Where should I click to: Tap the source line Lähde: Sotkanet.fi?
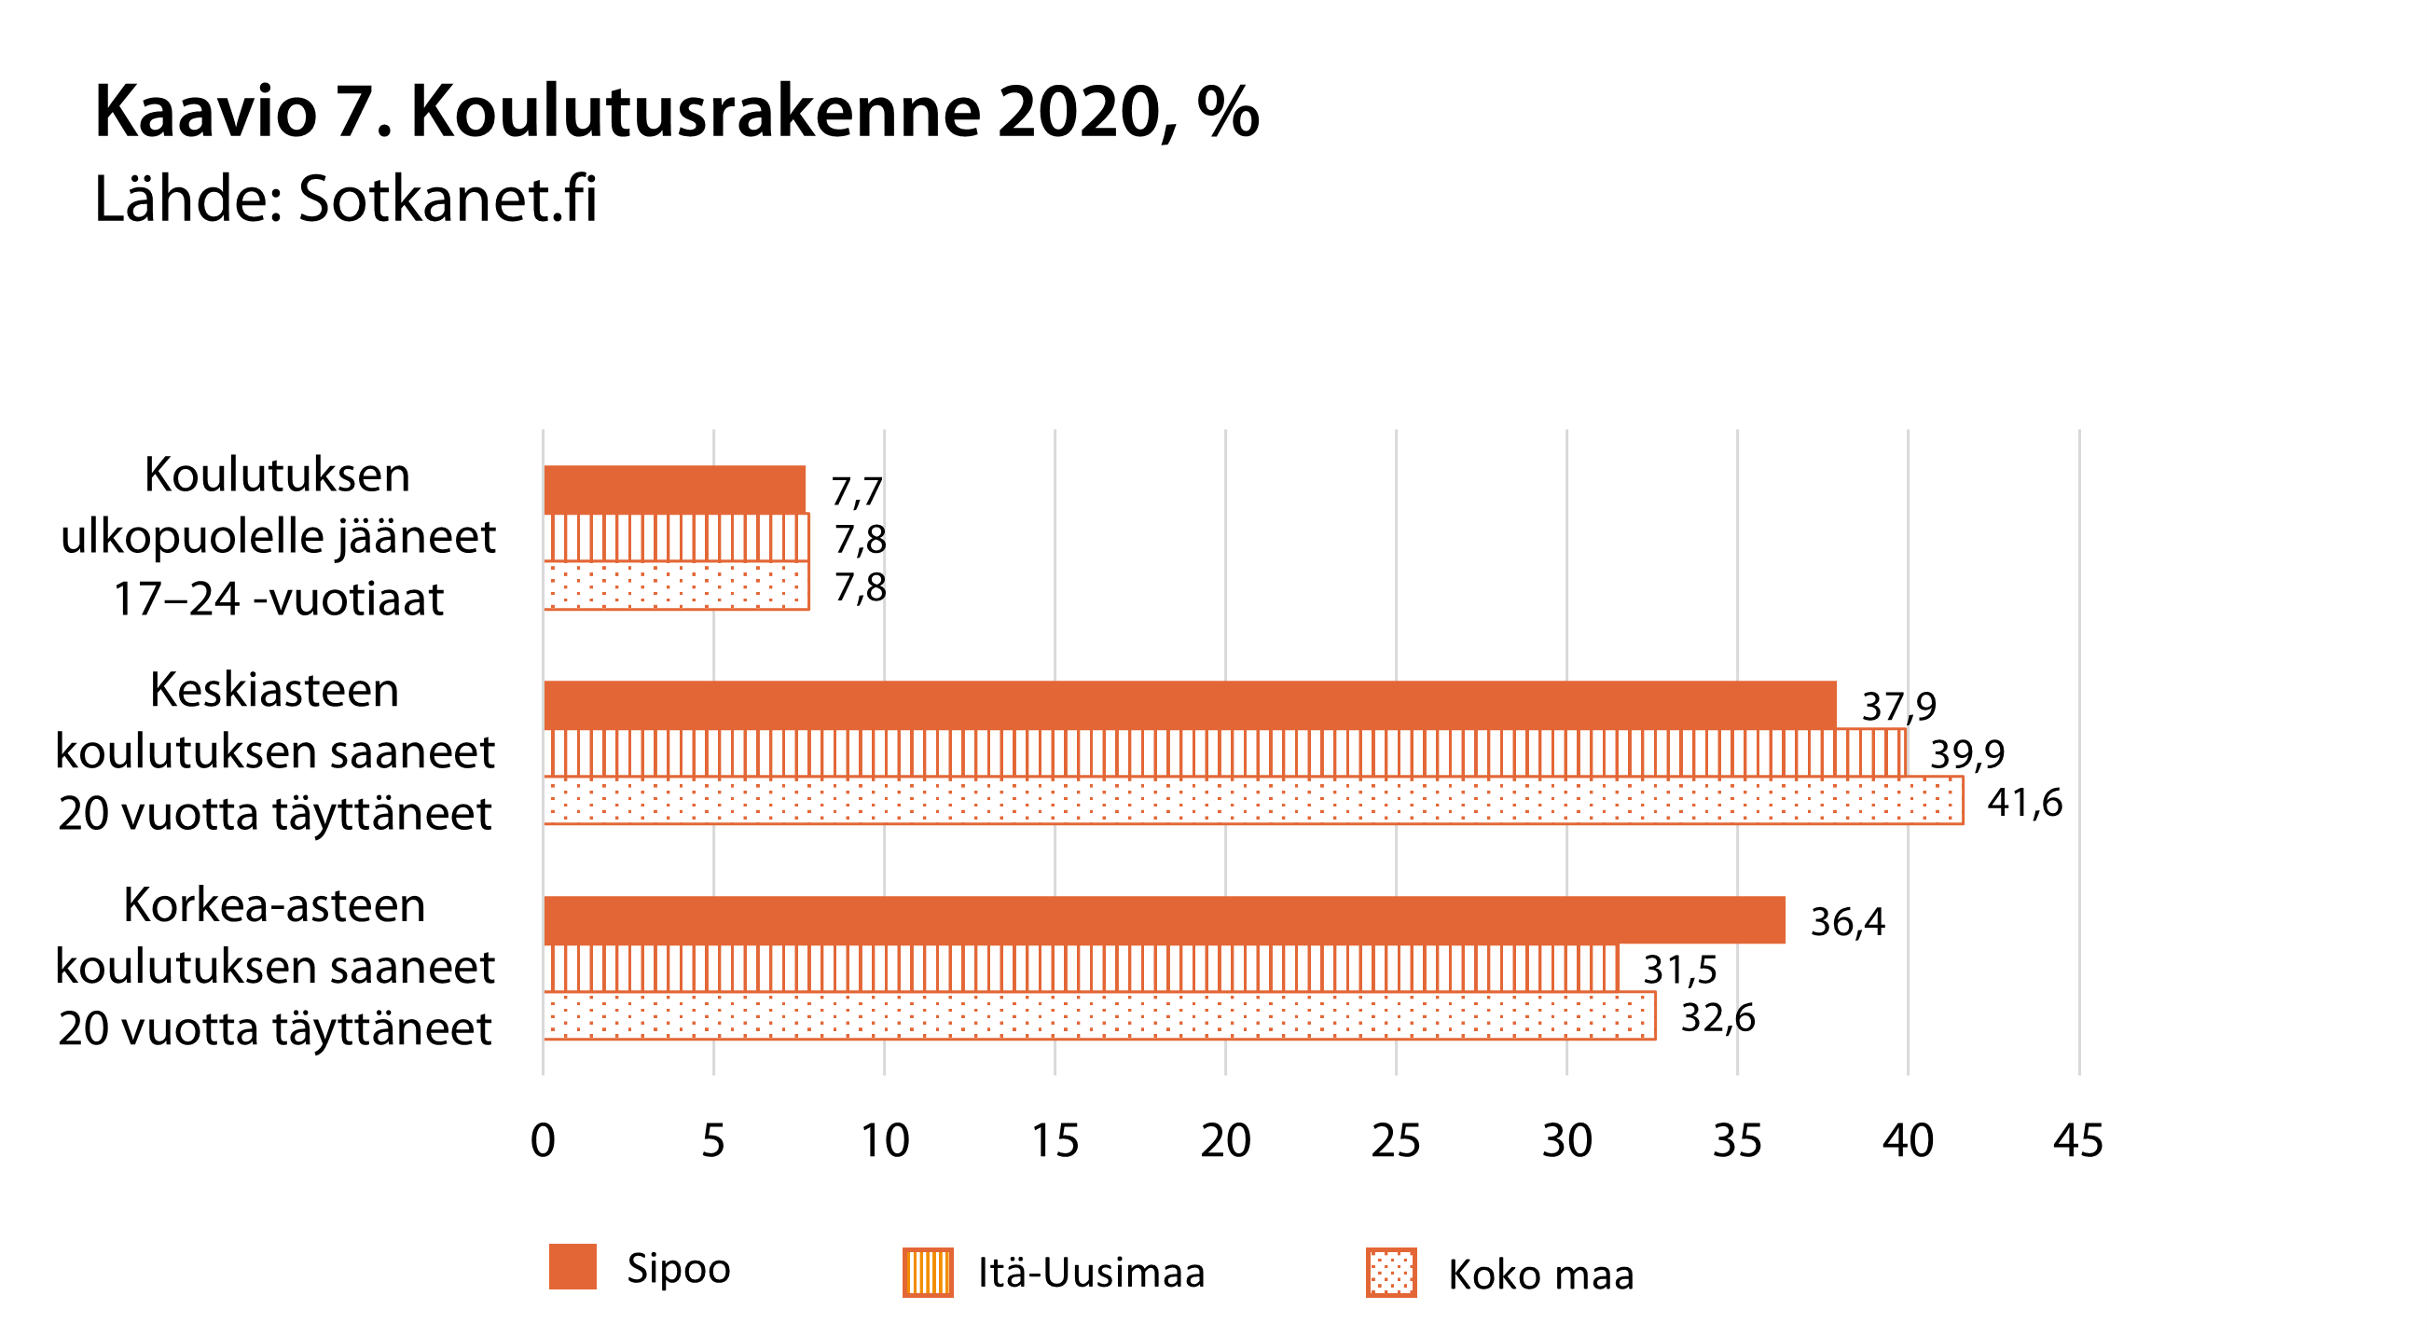tap(345, 200)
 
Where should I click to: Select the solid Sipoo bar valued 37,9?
tap(1189, 705)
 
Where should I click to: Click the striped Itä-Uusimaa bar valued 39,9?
tap(1224, 752)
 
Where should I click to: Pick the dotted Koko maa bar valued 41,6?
tap(1253, 801)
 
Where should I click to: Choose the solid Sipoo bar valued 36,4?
tap(1164, 920)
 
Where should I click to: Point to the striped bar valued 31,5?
tap(1081, 969)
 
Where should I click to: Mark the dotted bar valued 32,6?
tap(1098, 1016)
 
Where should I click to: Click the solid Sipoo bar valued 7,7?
tap(673, 489)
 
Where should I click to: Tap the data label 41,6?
tap(2025, 803)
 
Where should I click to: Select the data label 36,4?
tap(1848, 922)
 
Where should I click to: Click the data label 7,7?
tap(857, 492)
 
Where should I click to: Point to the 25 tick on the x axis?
tap(1396, 1141)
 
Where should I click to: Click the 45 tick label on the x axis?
tap(2078, 1141)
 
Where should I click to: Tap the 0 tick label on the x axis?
tap(543, 1141)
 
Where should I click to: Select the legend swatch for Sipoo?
tap(572, 1267)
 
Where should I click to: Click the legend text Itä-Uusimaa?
tap(1091, 1273)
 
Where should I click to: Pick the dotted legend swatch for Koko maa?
tap(1390, 1273)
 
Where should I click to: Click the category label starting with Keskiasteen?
tap(275, 751)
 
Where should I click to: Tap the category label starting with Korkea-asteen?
tap(275, 967)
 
